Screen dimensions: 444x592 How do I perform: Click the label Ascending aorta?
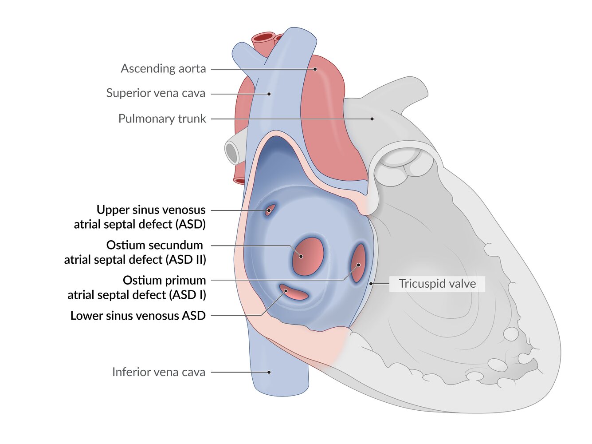pyautogui.click(x=163, y=69)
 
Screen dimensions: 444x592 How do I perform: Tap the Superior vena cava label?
pyautogui.click(x=156, y=93)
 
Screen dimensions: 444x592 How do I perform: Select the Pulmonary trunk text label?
pyautogui.click(x=162, y=119)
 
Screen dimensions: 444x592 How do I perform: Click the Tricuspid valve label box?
pyautogui.click(x=437, y=284)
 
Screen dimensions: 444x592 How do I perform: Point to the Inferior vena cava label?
pyautogui.click(x=158, y=372)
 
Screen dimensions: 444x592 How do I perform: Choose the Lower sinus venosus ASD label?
pyautogui.click(x=138, y=316)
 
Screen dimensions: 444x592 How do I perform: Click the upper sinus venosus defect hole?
pyautogui.click(x=270, y=210)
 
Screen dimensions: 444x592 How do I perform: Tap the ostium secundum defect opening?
pyautogui.click(x=307, y=256)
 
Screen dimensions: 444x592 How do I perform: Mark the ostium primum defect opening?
pyautogui.click(x=358, y=263)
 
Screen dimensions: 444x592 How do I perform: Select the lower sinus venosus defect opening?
pyautogui.click(x=294, y=293)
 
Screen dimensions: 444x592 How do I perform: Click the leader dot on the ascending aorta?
pyautogui.click(x=315, y=69)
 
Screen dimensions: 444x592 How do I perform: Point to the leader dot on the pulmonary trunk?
pyautogui.click(x=372, y=119)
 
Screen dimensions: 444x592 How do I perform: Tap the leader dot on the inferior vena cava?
pyautogui.click(x=269, y=372)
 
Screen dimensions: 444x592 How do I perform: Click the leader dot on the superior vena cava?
pyautogui.click(x=269, y=94)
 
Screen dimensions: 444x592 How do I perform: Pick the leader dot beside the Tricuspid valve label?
pyautogui.click(x=371, y=283)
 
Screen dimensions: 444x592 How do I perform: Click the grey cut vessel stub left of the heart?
pyautogui.click(x=232, y=153)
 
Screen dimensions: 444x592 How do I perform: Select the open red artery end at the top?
pyautogui.click(x=263, y=37)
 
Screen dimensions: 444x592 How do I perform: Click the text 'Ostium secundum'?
pyautogui.click(x=154, y=245)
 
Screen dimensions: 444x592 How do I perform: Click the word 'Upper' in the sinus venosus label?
pyautogui.click(x=113, y=210)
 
